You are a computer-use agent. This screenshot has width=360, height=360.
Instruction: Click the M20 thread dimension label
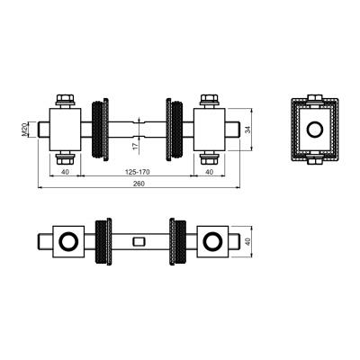click(x=24, y=130)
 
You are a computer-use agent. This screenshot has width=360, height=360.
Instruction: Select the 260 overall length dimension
click(x=139, y=184)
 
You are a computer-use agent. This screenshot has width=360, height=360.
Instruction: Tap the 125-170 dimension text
click(x=137, y=172)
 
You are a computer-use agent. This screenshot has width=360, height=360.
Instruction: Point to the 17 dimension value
click(x=135, y=146)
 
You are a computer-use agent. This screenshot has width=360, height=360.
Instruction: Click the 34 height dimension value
click(x=247, y=130)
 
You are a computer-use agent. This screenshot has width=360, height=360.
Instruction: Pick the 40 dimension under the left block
click(x=65, y=172)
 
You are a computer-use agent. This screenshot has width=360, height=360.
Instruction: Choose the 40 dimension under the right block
click(x=210, y=172)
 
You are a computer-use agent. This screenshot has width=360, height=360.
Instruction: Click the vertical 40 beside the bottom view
click(x=247, y=242)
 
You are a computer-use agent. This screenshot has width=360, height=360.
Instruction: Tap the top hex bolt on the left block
click(x=65, y=101)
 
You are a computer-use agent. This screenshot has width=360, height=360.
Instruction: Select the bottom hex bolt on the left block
click(x=65, y=157)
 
